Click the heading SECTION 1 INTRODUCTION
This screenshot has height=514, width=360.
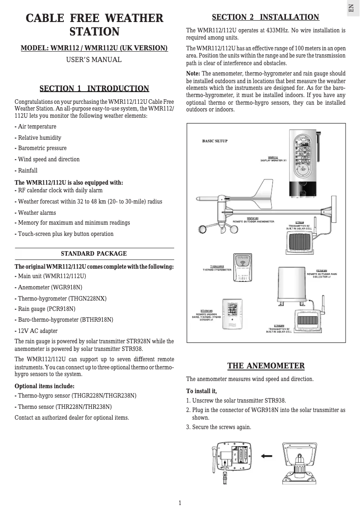[94, 89]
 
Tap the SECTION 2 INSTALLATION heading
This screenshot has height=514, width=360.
[265, 18]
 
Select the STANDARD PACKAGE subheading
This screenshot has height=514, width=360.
[94, 254]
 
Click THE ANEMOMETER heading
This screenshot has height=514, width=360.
[266, 366]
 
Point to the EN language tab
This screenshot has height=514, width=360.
[352, 8]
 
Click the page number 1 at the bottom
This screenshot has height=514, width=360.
[180, 503]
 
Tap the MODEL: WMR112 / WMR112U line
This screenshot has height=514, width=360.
[94, 48]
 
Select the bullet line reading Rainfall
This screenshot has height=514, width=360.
[27, 171]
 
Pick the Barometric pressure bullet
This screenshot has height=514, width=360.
[42, 148]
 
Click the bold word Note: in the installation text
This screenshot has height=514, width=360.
[193, 74]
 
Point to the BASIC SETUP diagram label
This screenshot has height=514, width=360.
[215, 141]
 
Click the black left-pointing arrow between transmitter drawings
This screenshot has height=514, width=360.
[267, 456]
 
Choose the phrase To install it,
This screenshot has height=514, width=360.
[202, 391]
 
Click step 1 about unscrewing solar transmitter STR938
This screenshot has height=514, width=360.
[236, 401]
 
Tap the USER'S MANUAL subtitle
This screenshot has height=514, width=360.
[94, 60]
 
